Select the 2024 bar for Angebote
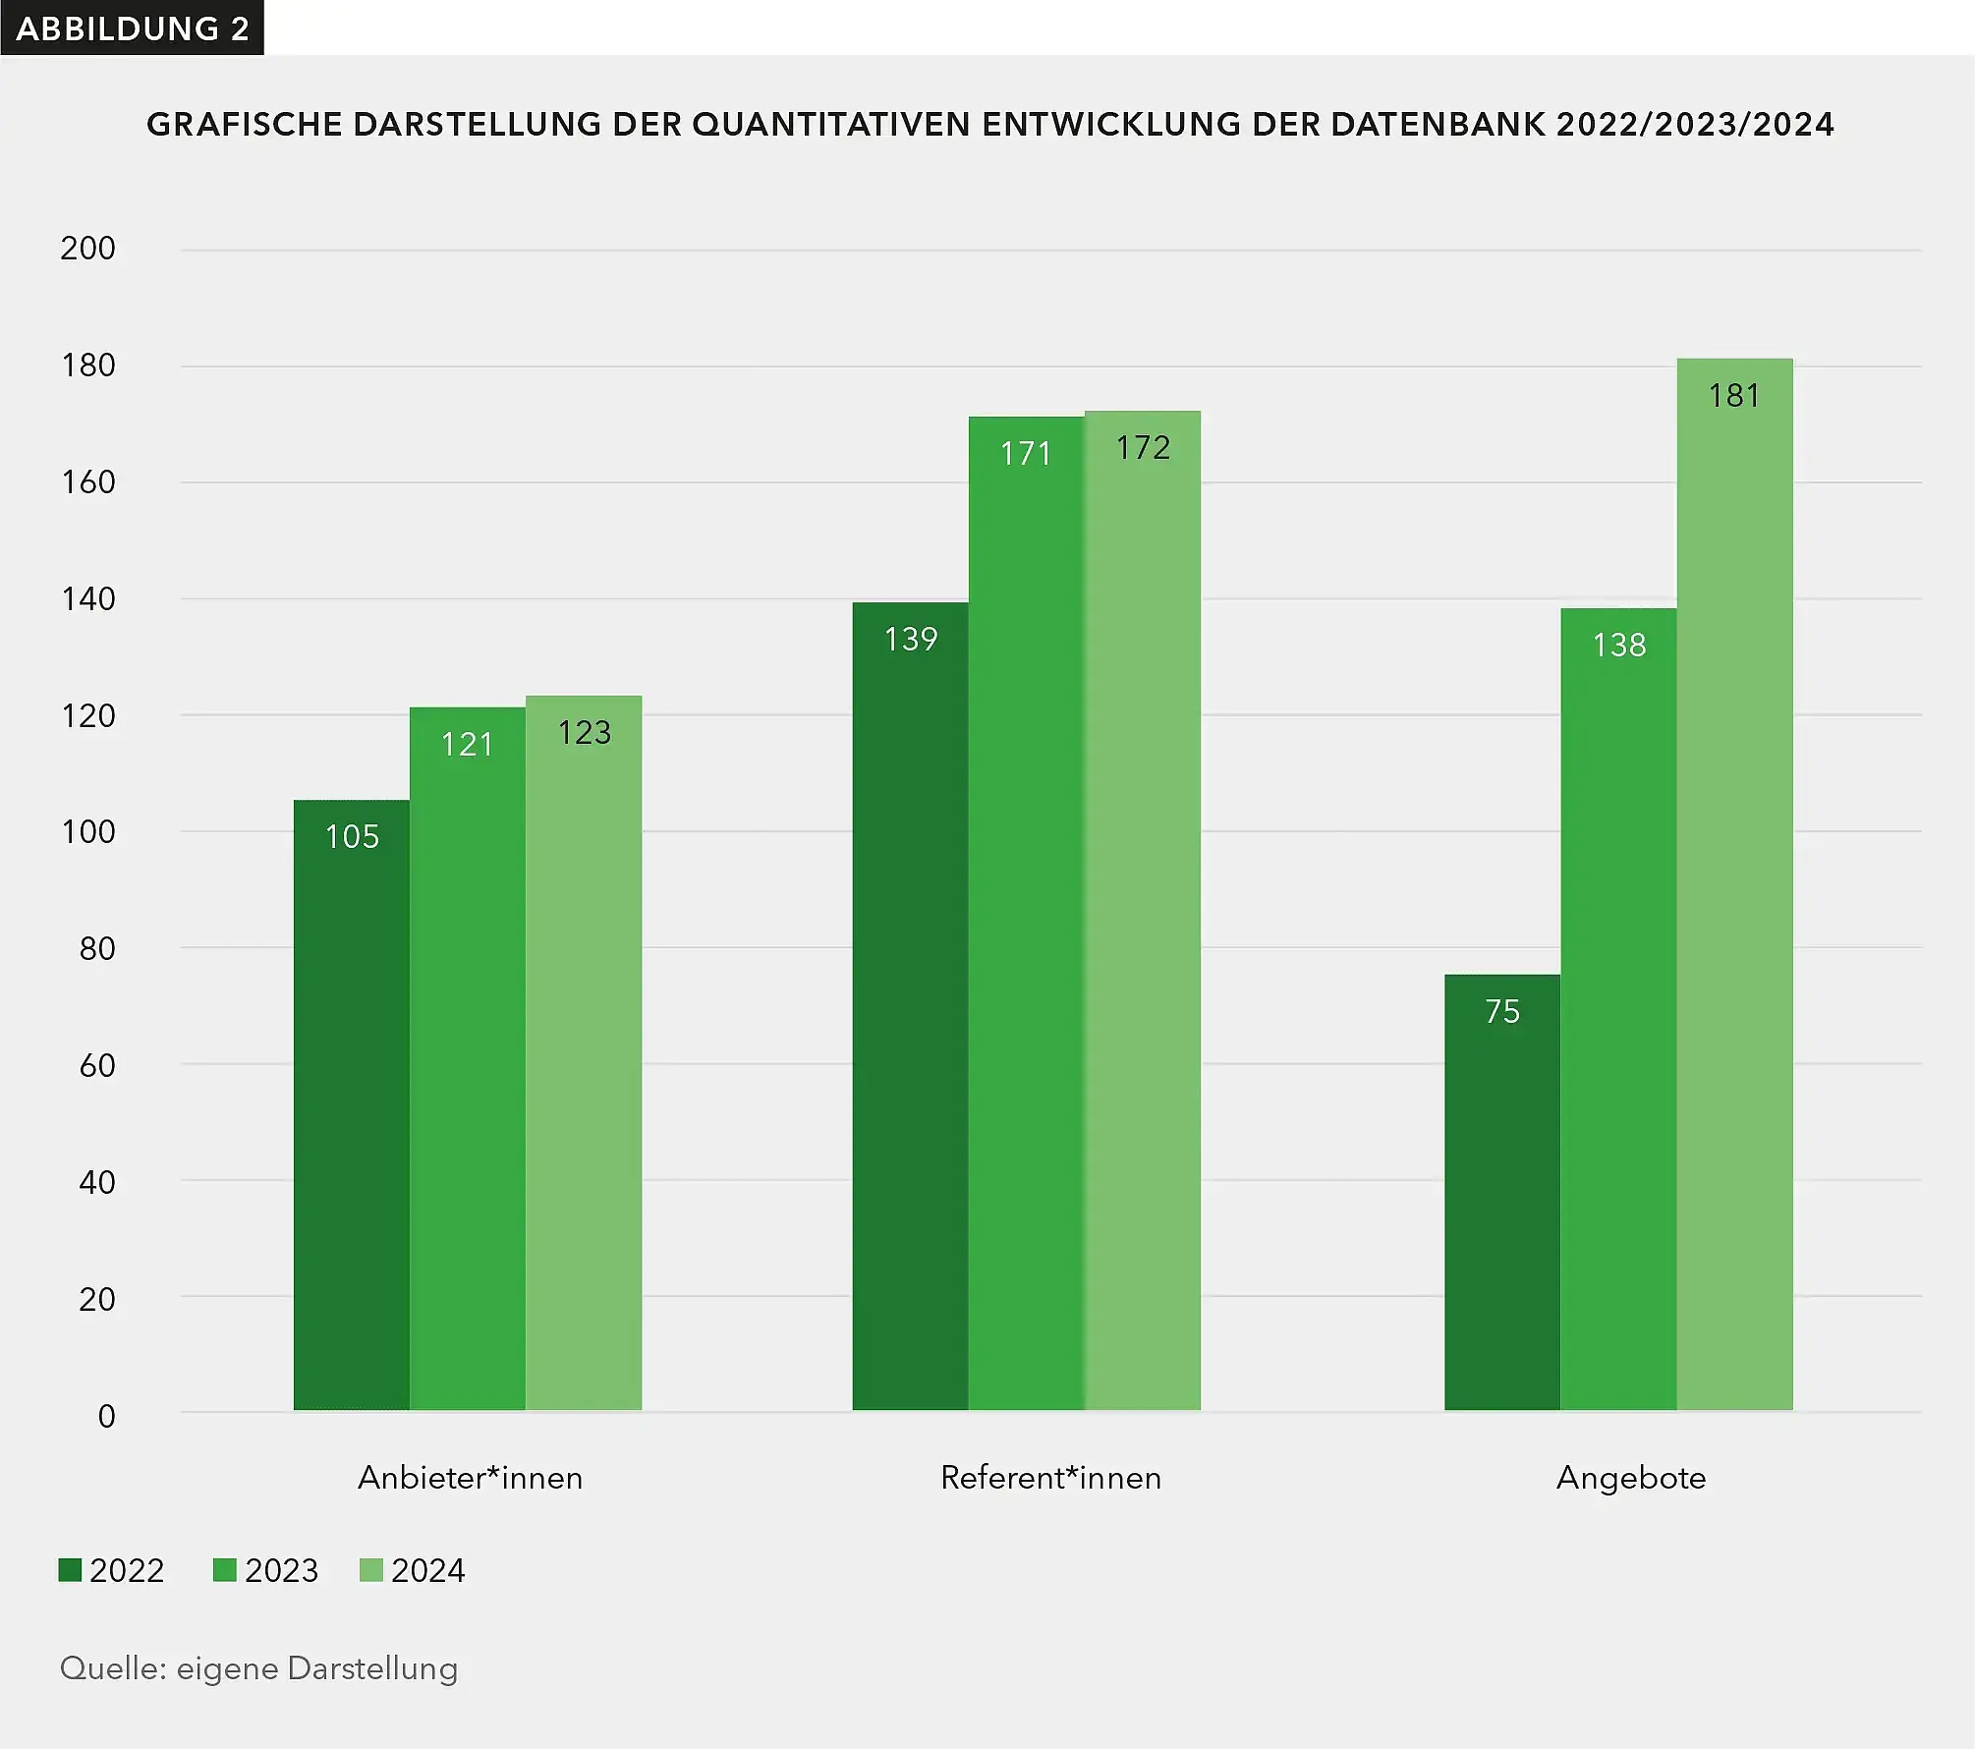point(1734,884)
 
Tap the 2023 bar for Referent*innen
point(1026,914)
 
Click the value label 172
point(1143,448)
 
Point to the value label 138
point(1618,645)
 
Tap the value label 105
point(352,836)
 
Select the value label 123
point(584,732)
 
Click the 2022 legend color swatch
point(70,1570)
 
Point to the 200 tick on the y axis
point(87,249)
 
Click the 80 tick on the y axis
point(96,948)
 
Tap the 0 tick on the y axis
point(106,1416)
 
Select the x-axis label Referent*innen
point(1050,1478)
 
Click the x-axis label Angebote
point(1631,1478)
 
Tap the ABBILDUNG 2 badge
point(132,28)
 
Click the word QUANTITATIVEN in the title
point(831,125)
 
